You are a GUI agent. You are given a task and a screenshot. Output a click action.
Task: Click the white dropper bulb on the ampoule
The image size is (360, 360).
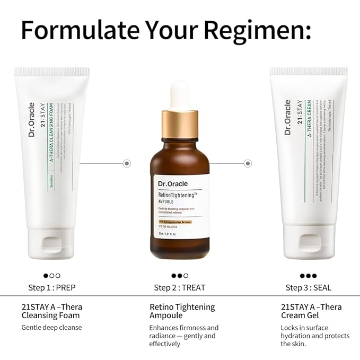180,95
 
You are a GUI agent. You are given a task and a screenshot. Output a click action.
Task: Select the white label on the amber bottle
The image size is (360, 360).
180,207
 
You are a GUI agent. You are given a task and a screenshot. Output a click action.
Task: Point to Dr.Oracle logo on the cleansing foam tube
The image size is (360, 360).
32,120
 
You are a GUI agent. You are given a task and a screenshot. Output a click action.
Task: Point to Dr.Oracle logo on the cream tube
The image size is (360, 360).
288,117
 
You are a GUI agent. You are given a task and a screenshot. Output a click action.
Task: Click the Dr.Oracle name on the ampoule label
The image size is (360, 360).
173,184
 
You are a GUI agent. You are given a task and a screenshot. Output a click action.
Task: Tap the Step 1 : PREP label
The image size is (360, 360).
51,288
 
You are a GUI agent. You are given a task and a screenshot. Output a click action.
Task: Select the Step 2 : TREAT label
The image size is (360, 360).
179,288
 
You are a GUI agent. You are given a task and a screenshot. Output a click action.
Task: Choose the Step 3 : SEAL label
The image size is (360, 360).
308,288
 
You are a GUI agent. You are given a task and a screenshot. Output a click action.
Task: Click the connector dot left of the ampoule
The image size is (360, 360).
127,163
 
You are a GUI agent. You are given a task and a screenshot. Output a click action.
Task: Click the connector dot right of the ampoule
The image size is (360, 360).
248,163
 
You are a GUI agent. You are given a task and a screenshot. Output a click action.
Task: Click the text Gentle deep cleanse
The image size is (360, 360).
51,327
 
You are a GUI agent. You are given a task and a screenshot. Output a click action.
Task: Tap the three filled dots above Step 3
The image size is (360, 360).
308,276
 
